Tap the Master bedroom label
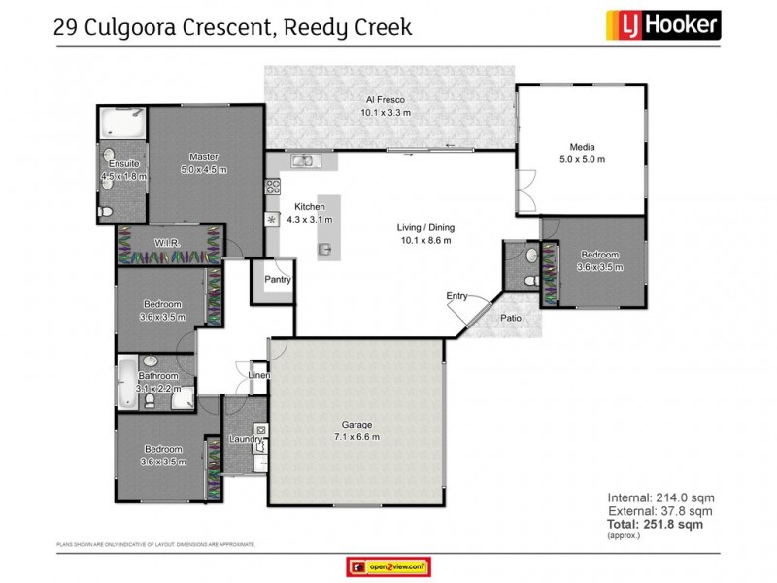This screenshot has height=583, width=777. pos(203,157)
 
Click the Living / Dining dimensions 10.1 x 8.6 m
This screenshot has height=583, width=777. pos(425,240)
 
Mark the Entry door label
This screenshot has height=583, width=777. pos(456,295)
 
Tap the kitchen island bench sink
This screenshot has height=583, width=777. pos(325,249)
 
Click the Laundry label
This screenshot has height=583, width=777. pos(246,439)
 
